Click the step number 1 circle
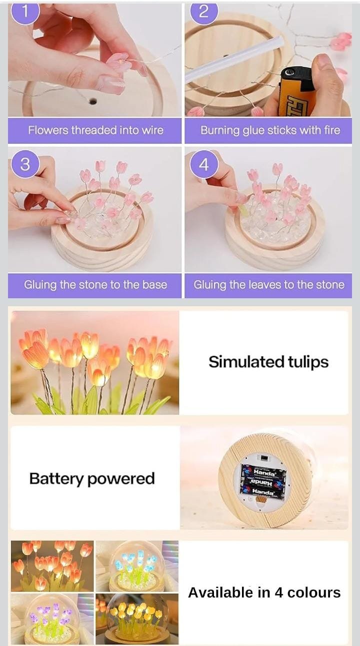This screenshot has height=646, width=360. point(24,11)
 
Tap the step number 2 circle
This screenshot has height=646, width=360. point(203,11)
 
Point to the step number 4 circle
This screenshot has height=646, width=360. point(203,164)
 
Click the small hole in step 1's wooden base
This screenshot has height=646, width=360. point(92,101)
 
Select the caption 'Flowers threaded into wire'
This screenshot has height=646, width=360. point(95,130)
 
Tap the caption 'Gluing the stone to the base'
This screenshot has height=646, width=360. point(95,285)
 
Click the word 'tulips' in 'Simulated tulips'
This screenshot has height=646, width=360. point(306,362)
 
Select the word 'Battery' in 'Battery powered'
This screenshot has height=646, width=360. point(56,479)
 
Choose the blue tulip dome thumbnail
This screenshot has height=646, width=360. point(136,566)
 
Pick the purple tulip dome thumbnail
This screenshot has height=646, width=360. point(52,619)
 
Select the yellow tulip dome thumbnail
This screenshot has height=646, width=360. point(136,619)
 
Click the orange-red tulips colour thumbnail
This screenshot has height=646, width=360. point(52,566)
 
